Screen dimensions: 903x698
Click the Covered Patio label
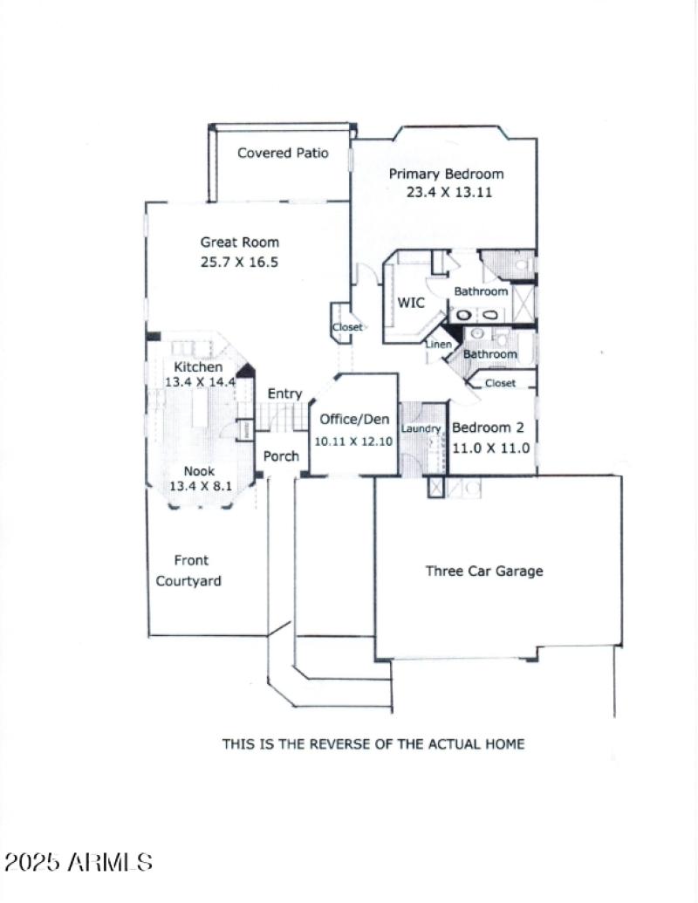(x=283, y=153)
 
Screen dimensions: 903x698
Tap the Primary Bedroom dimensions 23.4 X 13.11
(x=448, y=192)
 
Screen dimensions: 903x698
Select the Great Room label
(x=240, y=243)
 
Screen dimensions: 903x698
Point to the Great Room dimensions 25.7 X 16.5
(x=239, y=262)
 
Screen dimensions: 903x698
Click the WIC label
(x=411, y=304)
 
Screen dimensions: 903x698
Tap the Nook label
(x=198, y=471)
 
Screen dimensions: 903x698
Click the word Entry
(x=284, y=394)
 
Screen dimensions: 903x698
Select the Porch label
(x=281, y=455)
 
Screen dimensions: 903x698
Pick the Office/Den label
(x=354, y=420)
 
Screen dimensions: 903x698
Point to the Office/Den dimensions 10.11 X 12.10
(x=353, y=441)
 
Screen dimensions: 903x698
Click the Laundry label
(x=421, y=429)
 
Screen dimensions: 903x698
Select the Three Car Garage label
(x=484, y=571)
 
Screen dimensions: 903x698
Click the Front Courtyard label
(x=188, y=571)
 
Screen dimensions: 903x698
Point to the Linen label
(x=438, y=345)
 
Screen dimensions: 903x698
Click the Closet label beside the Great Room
(x=346, y=327)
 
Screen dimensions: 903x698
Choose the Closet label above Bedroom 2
(x=500, y=383)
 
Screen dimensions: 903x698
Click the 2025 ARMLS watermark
(x=79, y=863)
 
